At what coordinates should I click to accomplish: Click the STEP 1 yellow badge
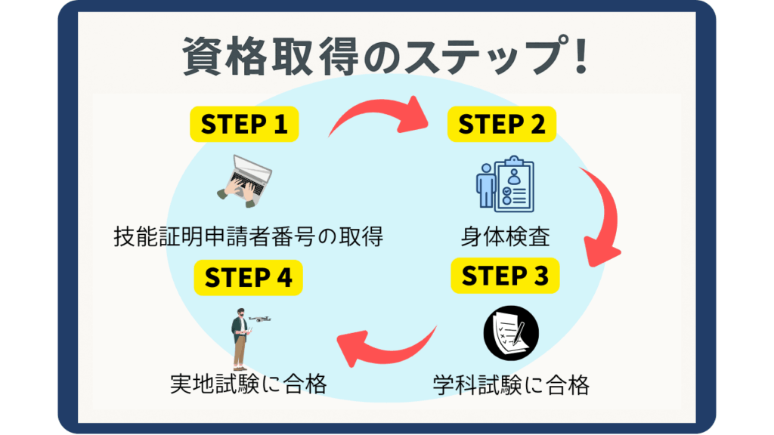(243, 124)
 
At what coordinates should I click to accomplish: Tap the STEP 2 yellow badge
(502, 124)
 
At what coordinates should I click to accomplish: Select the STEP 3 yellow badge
(504, 276)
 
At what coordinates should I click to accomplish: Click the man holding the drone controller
(240, 339)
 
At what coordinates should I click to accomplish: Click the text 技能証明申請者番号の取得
(248, 236)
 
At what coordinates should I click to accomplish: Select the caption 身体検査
(505, 236)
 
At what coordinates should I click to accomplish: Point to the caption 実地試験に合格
(248, 385)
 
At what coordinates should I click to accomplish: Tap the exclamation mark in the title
(580, 57)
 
